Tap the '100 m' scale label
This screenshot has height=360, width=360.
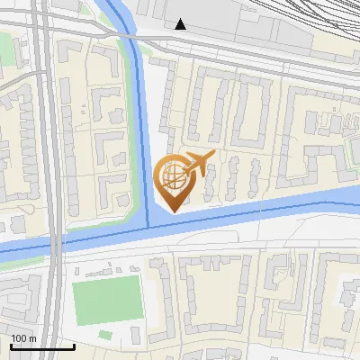[24, 337]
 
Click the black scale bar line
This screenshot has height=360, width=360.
[41, 346]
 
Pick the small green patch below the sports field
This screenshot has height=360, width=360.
[106, 335]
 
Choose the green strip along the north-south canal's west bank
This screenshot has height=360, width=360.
[130, 135]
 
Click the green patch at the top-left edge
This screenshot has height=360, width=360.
[7, 54]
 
